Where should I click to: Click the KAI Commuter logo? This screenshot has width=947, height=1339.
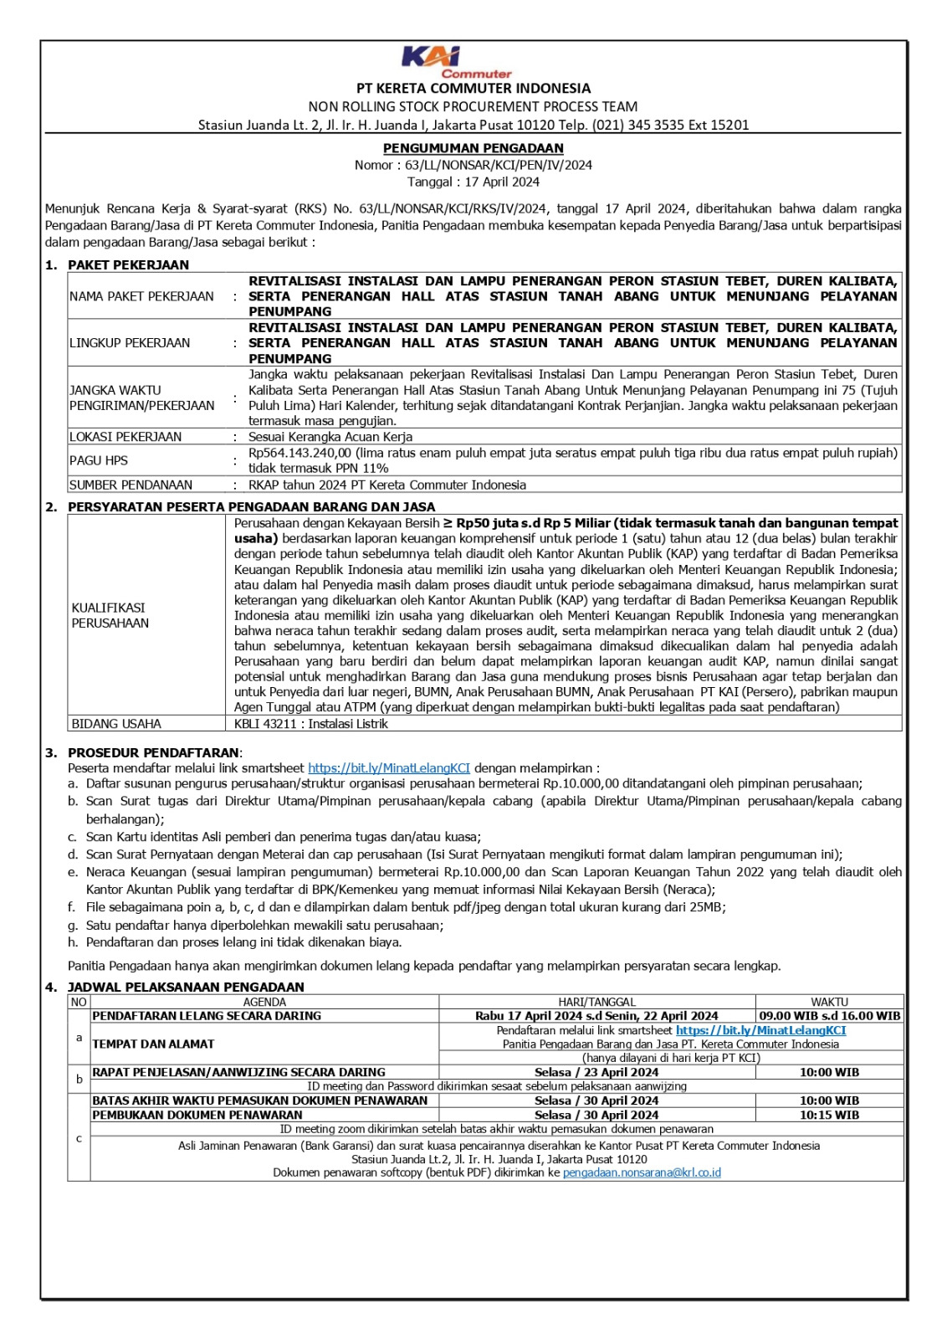456,62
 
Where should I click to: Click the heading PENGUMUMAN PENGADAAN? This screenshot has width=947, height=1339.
473,148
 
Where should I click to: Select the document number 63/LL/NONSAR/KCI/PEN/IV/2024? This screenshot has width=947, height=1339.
499,165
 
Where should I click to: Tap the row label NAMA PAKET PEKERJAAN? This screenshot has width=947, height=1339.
141,296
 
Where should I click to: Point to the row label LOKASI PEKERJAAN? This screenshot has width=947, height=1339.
125,437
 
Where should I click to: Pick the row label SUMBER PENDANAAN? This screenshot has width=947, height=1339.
131,485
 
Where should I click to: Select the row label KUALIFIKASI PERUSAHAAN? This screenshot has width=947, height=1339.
110,615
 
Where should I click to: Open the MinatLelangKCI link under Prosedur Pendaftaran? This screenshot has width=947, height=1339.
389,767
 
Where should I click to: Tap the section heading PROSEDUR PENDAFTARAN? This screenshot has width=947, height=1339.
154,752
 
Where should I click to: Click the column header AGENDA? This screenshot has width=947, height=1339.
264,1002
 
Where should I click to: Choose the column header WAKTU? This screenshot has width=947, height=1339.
829,1002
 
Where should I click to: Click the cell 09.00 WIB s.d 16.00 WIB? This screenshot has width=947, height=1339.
829,1016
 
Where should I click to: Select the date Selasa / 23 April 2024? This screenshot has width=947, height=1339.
596,1072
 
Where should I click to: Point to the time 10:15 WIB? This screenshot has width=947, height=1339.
829,1115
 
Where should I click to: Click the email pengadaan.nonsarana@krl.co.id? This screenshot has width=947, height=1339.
642,1172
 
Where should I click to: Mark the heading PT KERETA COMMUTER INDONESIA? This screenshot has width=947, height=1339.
473,88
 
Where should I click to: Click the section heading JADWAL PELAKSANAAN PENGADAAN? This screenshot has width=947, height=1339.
186,987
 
